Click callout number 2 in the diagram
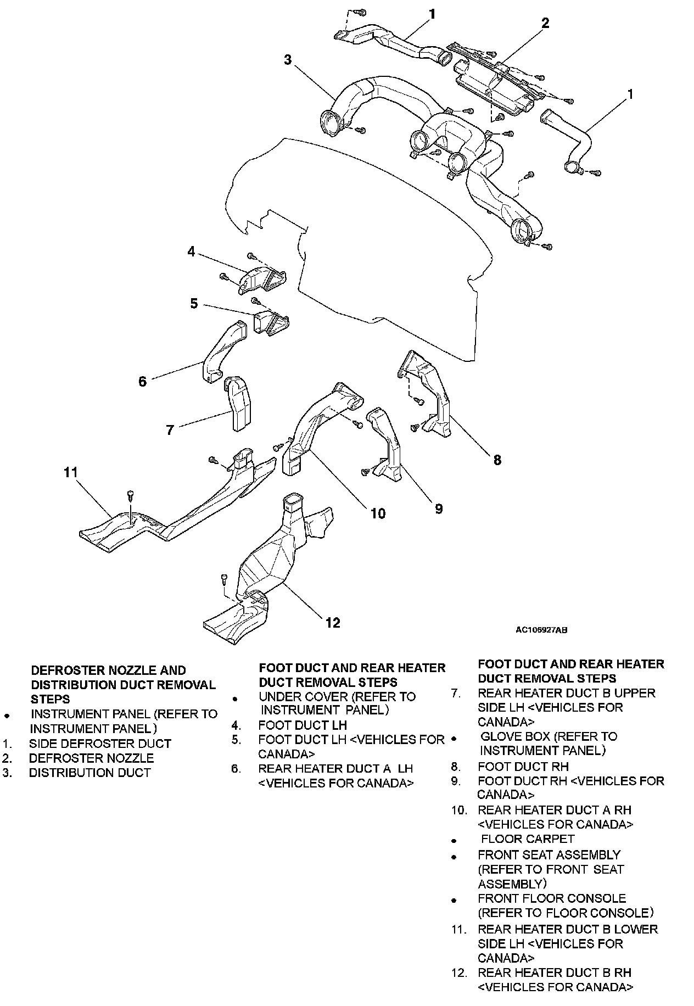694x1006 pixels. [545, 23]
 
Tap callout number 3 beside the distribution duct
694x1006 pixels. [288, 59]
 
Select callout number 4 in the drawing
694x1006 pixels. [191, 252]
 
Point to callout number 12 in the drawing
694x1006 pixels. [333, 622]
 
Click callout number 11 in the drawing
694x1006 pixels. [71, 472]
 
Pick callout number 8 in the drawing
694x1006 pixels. [497, 460]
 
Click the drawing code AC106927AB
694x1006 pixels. [541, 630]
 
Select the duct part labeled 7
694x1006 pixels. [238, 404]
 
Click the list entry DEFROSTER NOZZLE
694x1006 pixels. [91, 758]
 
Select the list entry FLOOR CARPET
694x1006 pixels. [527, 839]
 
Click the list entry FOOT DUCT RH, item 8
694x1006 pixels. [523, 767]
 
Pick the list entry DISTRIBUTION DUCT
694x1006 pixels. [89, 773]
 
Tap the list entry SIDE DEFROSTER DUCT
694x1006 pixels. [100, 744]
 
